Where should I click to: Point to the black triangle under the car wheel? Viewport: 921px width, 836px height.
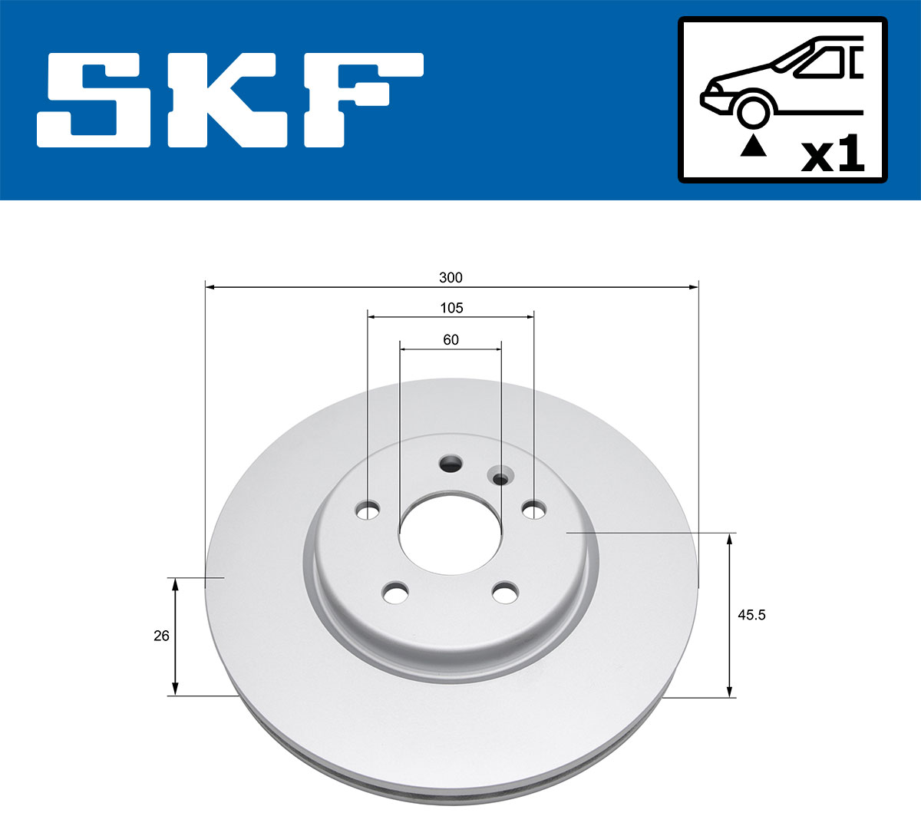[x=753, y=145]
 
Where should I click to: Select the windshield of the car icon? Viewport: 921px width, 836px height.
[x=821, y=62]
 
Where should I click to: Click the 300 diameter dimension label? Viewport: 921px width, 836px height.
[x=451, y=277]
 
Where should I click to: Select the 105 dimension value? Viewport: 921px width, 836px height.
[x=451, y=308]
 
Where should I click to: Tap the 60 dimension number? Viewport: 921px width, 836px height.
[x=451, y=339]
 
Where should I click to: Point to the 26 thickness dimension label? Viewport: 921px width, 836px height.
[x=161, y=636]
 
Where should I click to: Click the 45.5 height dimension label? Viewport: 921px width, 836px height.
[x=751, y=614]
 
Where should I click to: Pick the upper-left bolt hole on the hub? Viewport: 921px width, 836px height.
[x=369, y=510]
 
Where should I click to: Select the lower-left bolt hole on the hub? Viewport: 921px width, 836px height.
[x=396, y=593]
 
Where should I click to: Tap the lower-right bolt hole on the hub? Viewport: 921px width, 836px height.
[x=506, y=593]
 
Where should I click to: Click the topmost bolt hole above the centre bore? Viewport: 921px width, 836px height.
[x=451, y=463]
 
